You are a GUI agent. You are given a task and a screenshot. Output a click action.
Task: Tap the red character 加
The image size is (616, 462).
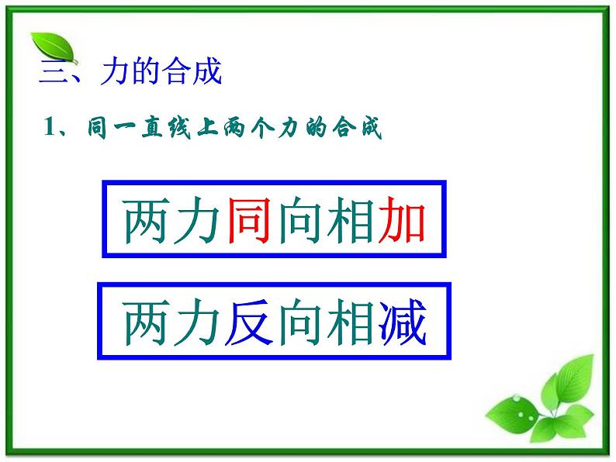[401, 220]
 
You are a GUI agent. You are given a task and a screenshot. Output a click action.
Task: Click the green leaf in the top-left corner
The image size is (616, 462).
[53, 49]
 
